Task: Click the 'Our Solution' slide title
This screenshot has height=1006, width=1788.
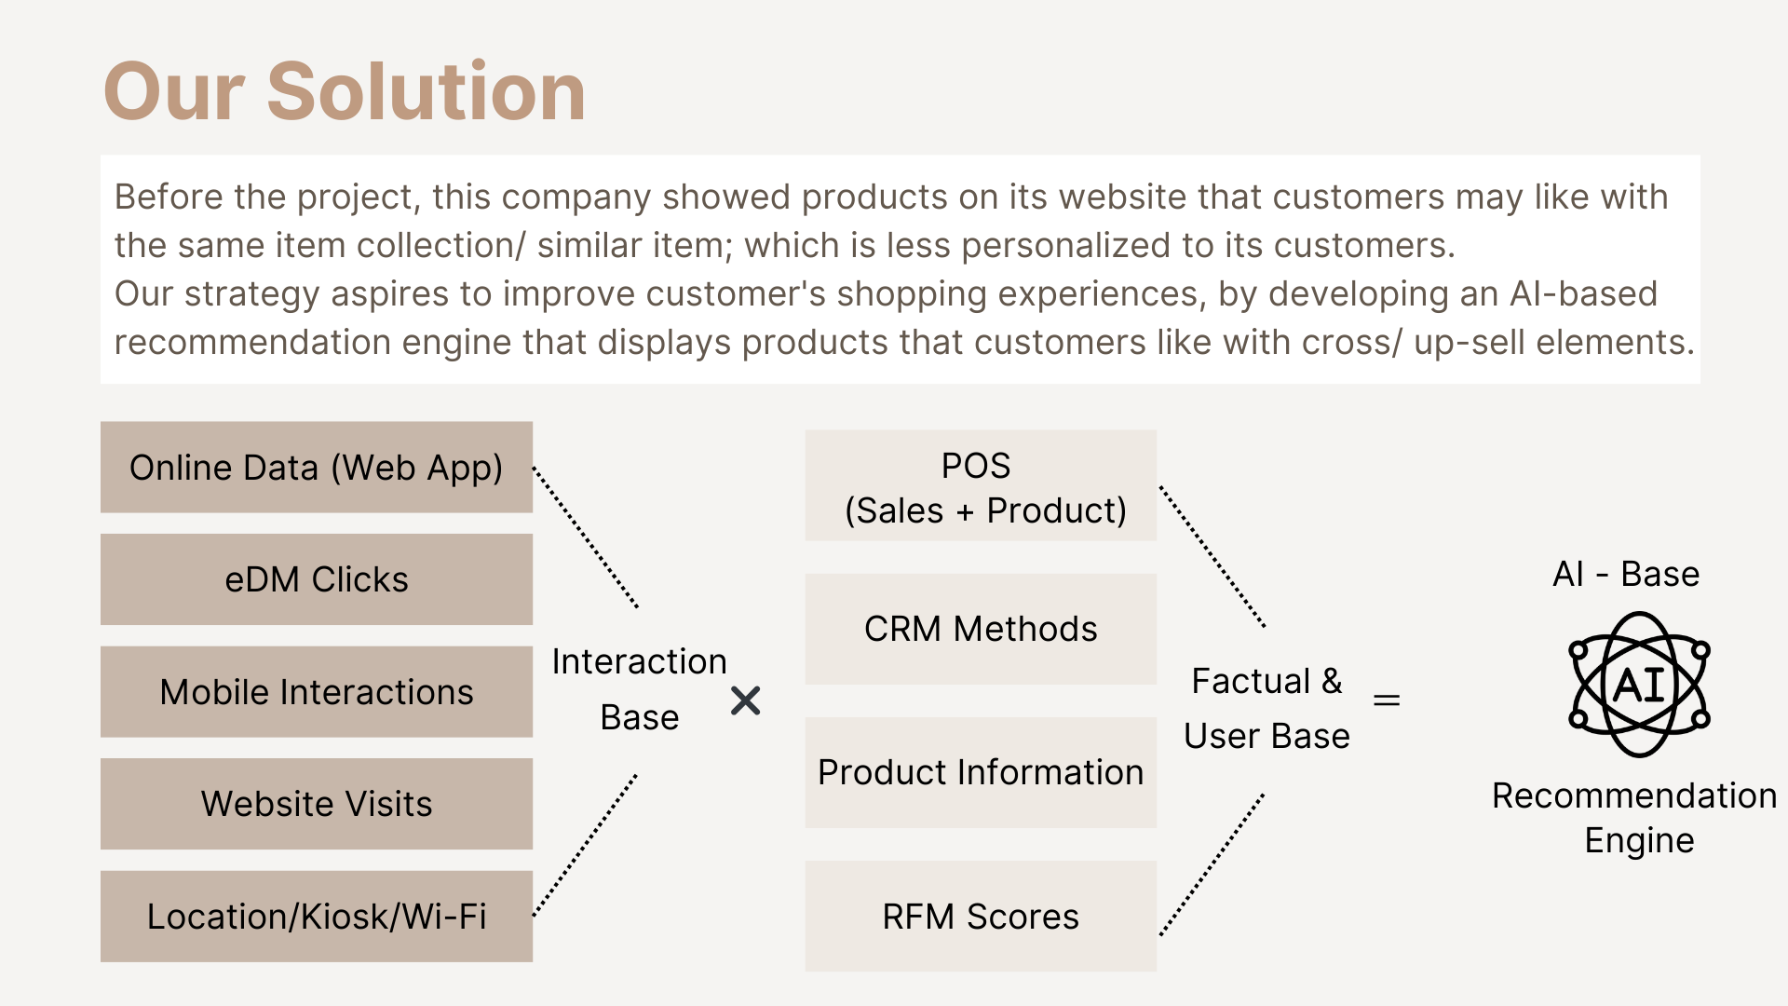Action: click(x=345, y=91)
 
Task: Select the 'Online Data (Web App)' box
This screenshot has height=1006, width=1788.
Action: click(x=317, y=467)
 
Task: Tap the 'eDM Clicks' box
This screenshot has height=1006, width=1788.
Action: click(x=317, y=579)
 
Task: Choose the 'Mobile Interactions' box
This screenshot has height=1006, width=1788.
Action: click(x=317, y=692)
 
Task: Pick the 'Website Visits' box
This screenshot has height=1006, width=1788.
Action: click(x=317, y=804)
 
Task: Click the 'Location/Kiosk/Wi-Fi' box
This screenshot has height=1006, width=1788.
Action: click(x=317, y=917)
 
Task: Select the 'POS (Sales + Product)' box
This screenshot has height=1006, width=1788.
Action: click(x=981, y=485)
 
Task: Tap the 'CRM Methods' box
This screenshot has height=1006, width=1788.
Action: click(x=981, y=629)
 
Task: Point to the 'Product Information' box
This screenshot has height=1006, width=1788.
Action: click(x=981, y=772)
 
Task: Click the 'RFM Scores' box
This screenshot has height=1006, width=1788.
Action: click(x=981, y=917)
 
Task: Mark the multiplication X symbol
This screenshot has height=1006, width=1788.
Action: click(x=746, y=700)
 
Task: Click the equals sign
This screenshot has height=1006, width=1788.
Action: click(x=1387, y=700)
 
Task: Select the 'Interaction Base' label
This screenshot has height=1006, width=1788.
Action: click(x=639, y=689)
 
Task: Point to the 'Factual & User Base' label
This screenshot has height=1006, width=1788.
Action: click(x=1266, y=708)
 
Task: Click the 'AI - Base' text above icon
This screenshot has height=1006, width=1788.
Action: click(x=1626, y=574)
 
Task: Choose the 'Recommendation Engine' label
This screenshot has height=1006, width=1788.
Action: click(x=1634, y=818)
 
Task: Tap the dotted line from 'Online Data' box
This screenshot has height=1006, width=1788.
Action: click(x=585, y=537)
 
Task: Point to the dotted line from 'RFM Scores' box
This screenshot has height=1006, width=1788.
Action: click(x=1212, y=864)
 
